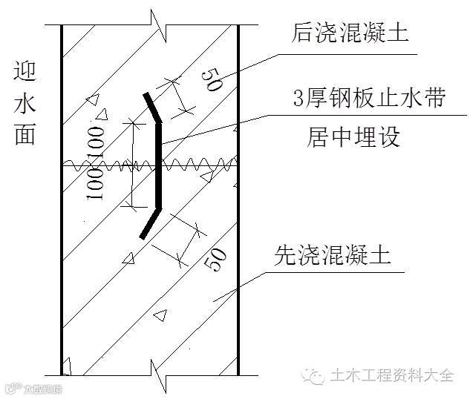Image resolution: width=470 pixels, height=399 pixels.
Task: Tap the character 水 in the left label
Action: (24, 106)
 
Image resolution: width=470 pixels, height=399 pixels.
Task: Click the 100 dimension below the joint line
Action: (94, 182)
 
